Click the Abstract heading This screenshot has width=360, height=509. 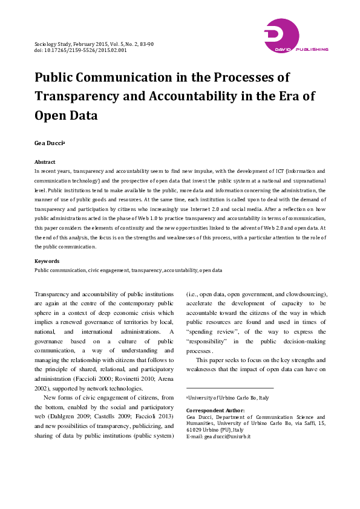pos(45,162)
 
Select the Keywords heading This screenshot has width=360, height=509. pos(47,261)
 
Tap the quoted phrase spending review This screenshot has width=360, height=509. pos(207,332)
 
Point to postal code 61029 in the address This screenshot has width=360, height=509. pos(195,429)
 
